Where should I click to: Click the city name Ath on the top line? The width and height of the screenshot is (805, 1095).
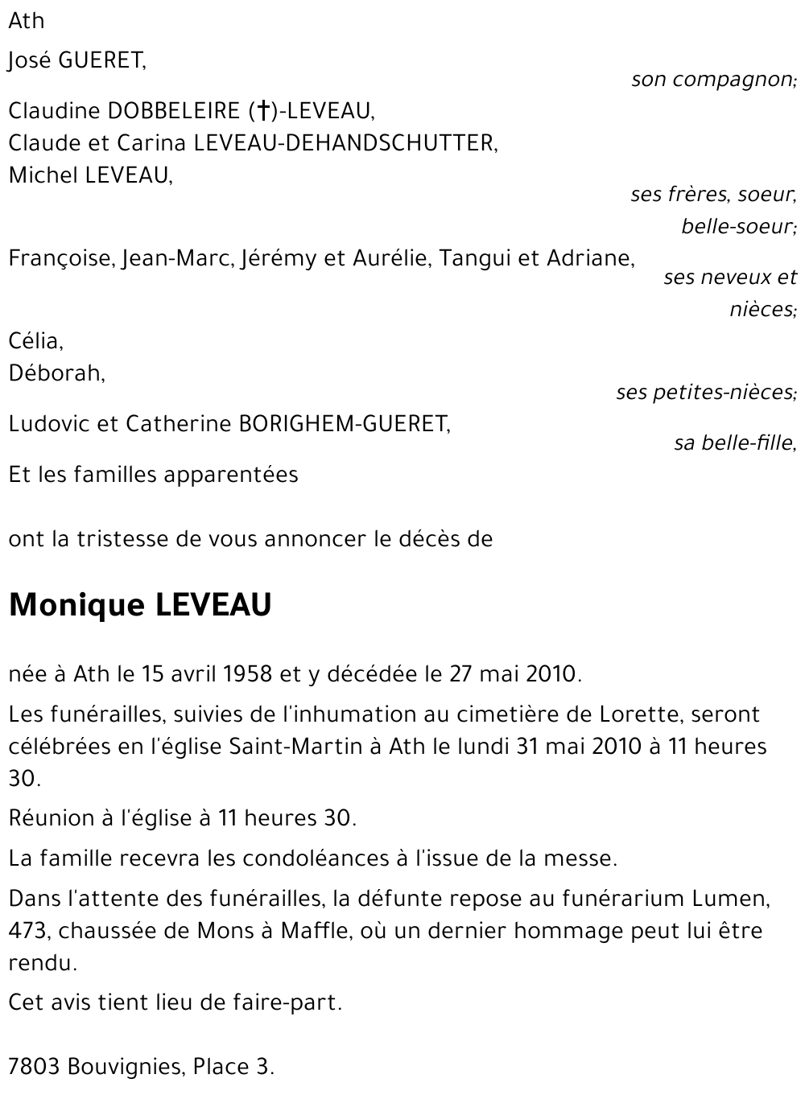click(x=27, y=21)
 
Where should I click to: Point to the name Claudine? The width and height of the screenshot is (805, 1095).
click(x=54, y=110)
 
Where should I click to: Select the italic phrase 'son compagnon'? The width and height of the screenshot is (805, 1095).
click(x=712, y=80)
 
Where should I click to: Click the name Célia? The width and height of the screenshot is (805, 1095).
click(x=35, y=341)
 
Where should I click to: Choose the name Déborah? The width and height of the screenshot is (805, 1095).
click(x=56, y=373)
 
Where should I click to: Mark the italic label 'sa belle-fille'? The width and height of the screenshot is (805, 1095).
click(x=734, y=443)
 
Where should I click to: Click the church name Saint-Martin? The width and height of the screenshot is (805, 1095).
click(x=295, y=746)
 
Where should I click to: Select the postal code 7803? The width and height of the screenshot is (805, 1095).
click(x=34, y=1067)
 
